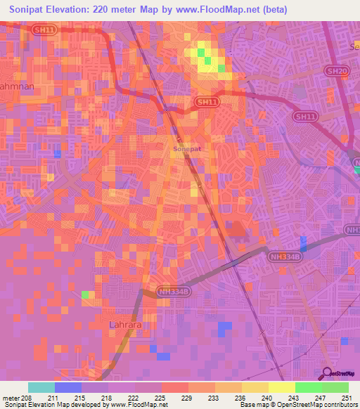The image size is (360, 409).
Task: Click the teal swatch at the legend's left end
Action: coord(41,387)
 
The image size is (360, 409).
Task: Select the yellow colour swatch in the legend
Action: coord(281,387)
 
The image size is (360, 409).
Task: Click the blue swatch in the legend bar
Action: coord(68,387)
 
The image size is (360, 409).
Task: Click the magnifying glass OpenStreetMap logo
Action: coord(328,374)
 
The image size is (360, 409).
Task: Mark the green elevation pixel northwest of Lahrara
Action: coord(86,294)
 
